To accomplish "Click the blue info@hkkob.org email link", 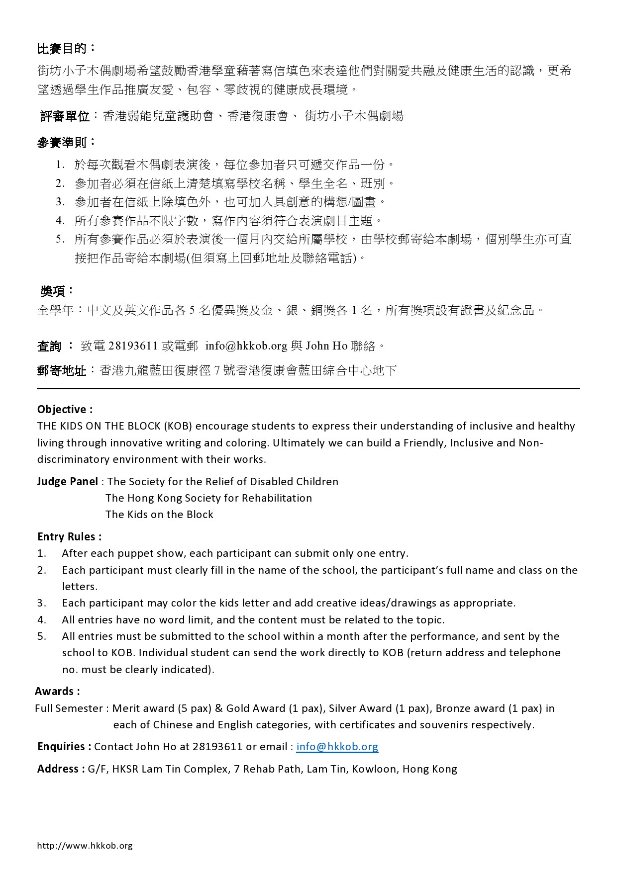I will click(337, 747).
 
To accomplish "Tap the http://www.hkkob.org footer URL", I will click(85, 846).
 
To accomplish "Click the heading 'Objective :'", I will click(65, 410).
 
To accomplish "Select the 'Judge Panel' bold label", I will click(68, 481).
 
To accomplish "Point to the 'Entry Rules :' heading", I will click(69, 537).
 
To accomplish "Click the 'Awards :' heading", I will click(57, 692).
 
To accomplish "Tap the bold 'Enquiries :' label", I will click(64, 747).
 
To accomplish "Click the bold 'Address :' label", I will click(61, 769).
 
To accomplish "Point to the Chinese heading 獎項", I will click(53, 291).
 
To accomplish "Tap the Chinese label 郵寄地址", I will click(61, 371).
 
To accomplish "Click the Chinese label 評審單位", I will click(65, 116).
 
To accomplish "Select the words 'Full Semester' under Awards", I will click(69, 708).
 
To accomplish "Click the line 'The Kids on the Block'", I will click(159, 515).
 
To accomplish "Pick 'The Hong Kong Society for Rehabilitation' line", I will click(208, 498).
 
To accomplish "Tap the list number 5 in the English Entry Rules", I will click(41, 636).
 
